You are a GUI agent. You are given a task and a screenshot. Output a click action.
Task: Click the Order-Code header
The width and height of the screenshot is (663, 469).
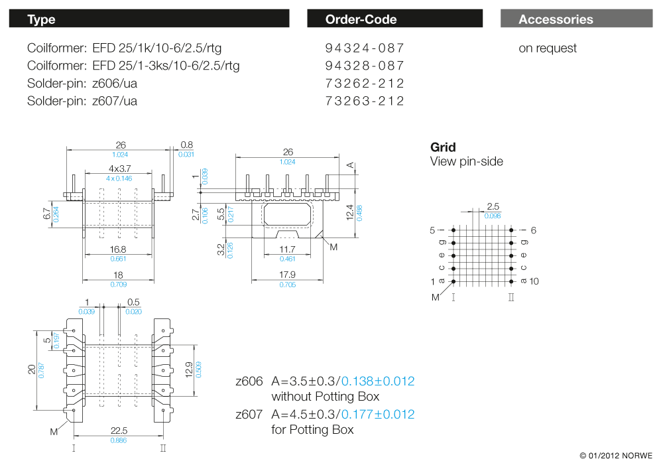click(x=361, y=19)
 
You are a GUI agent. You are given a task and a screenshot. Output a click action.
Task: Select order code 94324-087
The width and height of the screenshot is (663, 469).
click(x=365, y=48)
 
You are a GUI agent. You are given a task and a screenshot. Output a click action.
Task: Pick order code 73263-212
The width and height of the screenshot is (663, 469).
click(x=365, y=101)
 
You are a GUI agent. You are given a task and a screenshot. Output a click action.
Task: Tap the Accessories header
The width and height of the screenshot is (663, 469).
click(x=556, y=19)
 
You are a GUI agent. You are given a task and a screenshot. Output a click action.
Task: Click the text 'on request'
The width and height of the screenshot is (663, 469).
click(x=548, y=48)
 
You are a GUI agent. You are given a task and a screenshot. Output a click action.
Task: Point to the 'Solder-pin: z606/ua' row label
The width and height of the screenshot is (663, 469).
click(x=82, y=84)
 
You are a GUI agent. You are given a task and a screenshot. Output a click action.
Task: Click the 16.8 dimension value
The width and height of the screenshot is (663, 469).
click(x=117, y=249)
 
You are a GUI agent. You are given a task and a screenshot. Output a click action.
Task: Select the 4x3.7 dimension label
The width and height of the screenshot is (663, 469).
click(x=120, y=168)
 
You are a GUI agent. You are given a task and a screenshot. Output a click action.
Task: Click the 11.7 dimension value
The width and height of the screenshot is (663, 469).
click(x=287, y=249)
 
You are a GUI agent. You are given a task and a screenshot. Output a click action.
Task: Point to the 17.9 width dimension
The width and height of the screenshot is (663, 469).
click(x=287, y=275)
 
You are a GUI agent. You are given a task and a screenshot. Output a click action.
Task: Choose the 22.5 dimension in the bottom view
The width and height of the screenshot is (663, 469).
click(x=119, y=431)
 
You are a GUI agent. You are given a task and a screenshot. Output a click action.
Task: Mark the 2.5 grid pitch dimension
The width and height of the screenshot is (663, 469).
click(x=493, y=207)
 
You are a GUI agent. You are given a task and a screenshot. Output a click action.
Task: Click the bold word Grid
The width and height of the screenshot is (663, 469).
click(x=443, y=147)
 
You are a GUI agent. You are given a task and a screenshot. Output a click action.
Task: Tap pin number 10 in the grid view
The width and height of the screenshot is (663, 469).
click(x=534, y=281)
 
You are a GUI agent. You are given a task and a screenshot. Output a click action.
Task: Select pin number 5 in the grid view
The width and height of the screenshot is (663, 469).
click(x=432, y=230)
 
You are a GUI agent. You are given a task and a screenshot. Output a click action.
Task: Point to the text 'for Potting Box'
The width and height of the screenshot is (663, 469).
click(x=312, y=430)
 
